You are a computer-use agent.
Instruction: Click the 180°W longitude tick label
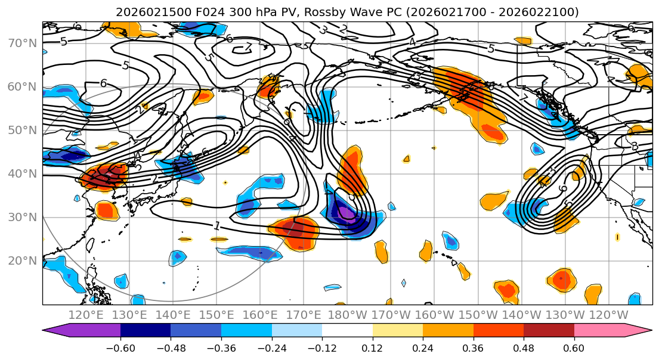(347, 315)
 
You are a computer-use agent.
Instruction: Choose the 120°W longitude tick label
(608, 315)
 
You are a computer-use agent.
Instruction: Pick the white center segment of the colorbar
(347, 330)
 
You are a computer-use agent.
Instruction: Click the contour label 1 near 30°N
(216, 225)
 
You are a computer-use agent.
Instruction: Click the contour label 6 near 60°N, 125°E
(103, 83)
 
